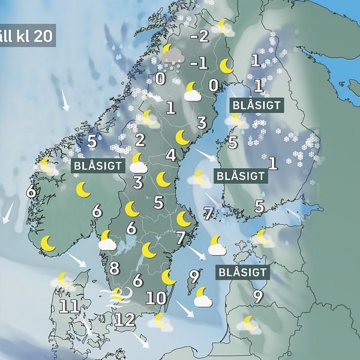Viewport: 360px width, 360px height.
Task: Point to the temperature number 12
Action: coord(125,319)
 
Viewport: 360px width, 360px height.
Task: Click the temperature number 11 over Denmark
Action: coord(70,308)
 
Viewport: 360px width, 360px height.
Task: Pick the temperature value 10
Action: coord(155,298)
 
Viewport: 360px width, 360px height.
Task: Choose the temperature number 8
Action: coord(114,269)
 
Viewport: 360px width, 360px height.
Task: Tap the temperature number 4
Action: coord(171,155)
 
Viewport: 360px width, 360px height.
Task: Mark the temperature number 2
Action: coord(140,140)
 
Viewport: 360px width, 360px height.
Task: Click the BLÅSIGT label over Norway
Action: coord(98,166)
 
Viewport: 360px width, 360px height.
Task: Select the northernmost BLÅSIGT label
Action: coord(256,105)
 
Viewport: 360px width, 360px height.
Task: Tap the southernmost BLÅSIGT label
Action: coord(242,272)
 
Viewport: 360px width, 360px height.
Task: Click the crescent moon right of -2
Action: coord(224,26)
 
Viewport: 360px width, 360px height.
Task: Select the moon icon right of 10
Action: coord(170,277)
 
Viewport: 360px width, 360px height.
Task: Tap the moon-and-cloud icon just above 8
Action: coord(107,240)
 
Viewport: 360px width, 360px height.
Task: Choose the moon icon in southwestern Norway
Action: coord(47,243)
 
